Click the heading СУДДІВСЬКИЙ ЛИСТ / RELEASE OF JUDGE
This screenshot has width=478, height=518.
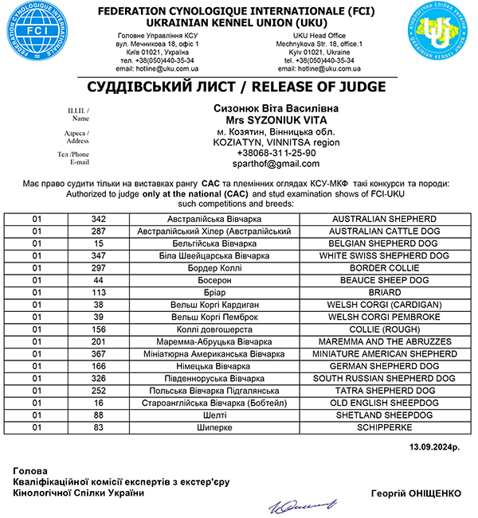tap(238, 86)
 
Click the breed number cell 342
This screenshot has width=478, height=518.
tap(99, 218)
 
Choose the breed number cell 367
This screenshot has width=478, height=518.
tap(99, 353)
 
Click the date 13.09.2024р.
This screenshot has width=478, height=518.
tap(435, 447)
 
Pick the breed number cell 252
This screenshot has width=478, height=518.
tap(99, 391)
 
